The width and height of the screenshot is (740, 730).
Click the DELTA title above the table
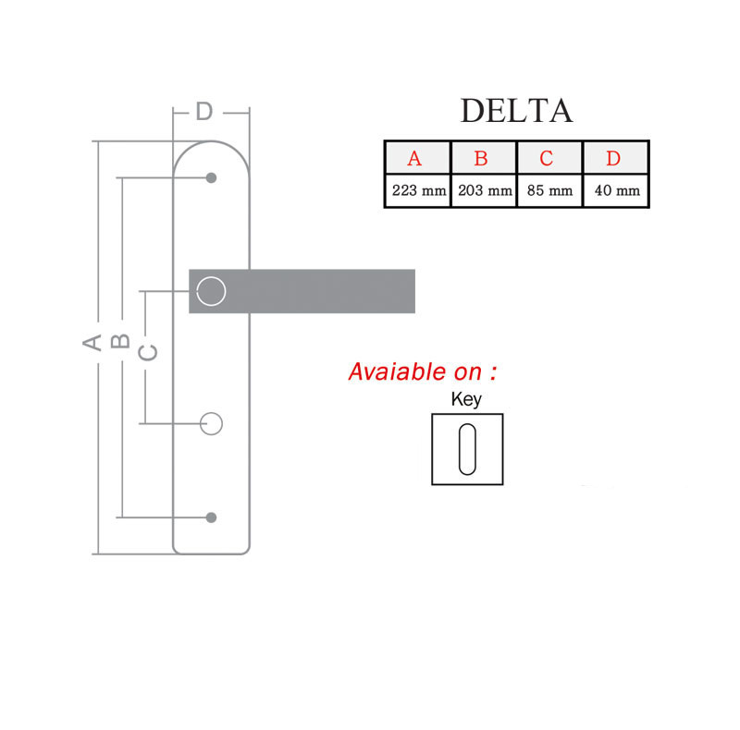pyautogui.click(x=516, y=111)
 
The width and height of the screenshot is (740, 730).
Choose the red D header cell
pyautogui.click(x=616, y=158)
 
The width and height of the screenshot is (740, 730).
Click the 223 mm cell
pyautogui.click(x=418, y=190)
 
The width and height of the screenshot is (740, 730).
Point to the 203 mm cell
pyautogui.click(x=484, y=190)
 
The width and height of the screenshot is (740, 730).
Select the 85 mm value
pyautogui.click(x=549, y=190)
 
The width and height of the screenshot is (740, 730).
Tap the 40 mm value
pyautogui.click(x=617, y=190)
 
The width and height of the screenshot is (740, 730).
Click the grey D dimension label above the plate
pyautogui.click(x=204, y=112)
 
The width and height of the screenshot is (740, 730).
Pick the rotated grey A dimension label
pyautogui.click(x=92, y=342)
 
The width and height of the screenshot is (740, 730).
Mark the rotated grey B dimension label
pyautogui.click(x=120, y=341)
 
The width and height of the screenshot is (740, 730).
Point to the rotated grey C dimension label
pyautogui.click(x=148, y=352)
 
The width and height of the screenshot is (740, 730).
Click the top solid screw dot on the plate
pyautogui.click(x=212, y=177)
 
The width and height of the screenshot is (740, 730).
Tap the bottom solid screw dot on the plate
pyautogui.click(x=212, y=517)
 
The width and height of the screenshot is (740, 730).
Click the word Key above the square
pyautogui.click(x=466, y=399)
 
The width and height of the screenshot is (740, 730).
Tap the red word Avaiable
pyautogui.click(x=399, y=371)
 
